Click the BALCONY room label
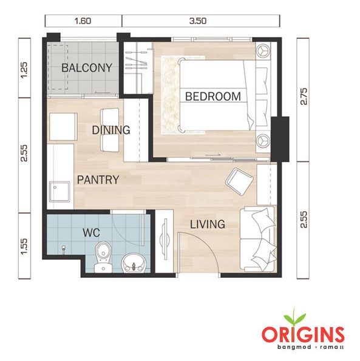click(87, 68)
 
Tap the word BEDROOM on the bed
click(213, 96)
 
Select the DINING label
click(111, 130)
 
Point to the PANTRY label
click(98, 180)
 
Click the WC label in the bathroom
click(92, 233)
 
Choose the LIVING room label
click(208, 224)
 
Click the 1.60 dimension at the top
click(83, 21)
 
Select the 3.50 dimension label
click(198, 21)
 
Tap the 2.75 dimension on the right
click(304, 96)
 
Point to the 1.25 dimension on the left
click(24, 70)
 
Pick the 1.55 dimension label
click(24, 246)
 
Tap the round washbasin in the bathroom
click(134, 263)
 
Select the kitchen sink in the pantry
click(59, 192)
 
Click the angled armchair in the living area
click(240, 181)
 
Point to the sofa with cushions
click(258, 239)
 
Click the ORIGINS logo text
click(303, 334)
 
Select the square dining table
click(63, 126)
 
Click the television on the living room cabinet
click(165, 239)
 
